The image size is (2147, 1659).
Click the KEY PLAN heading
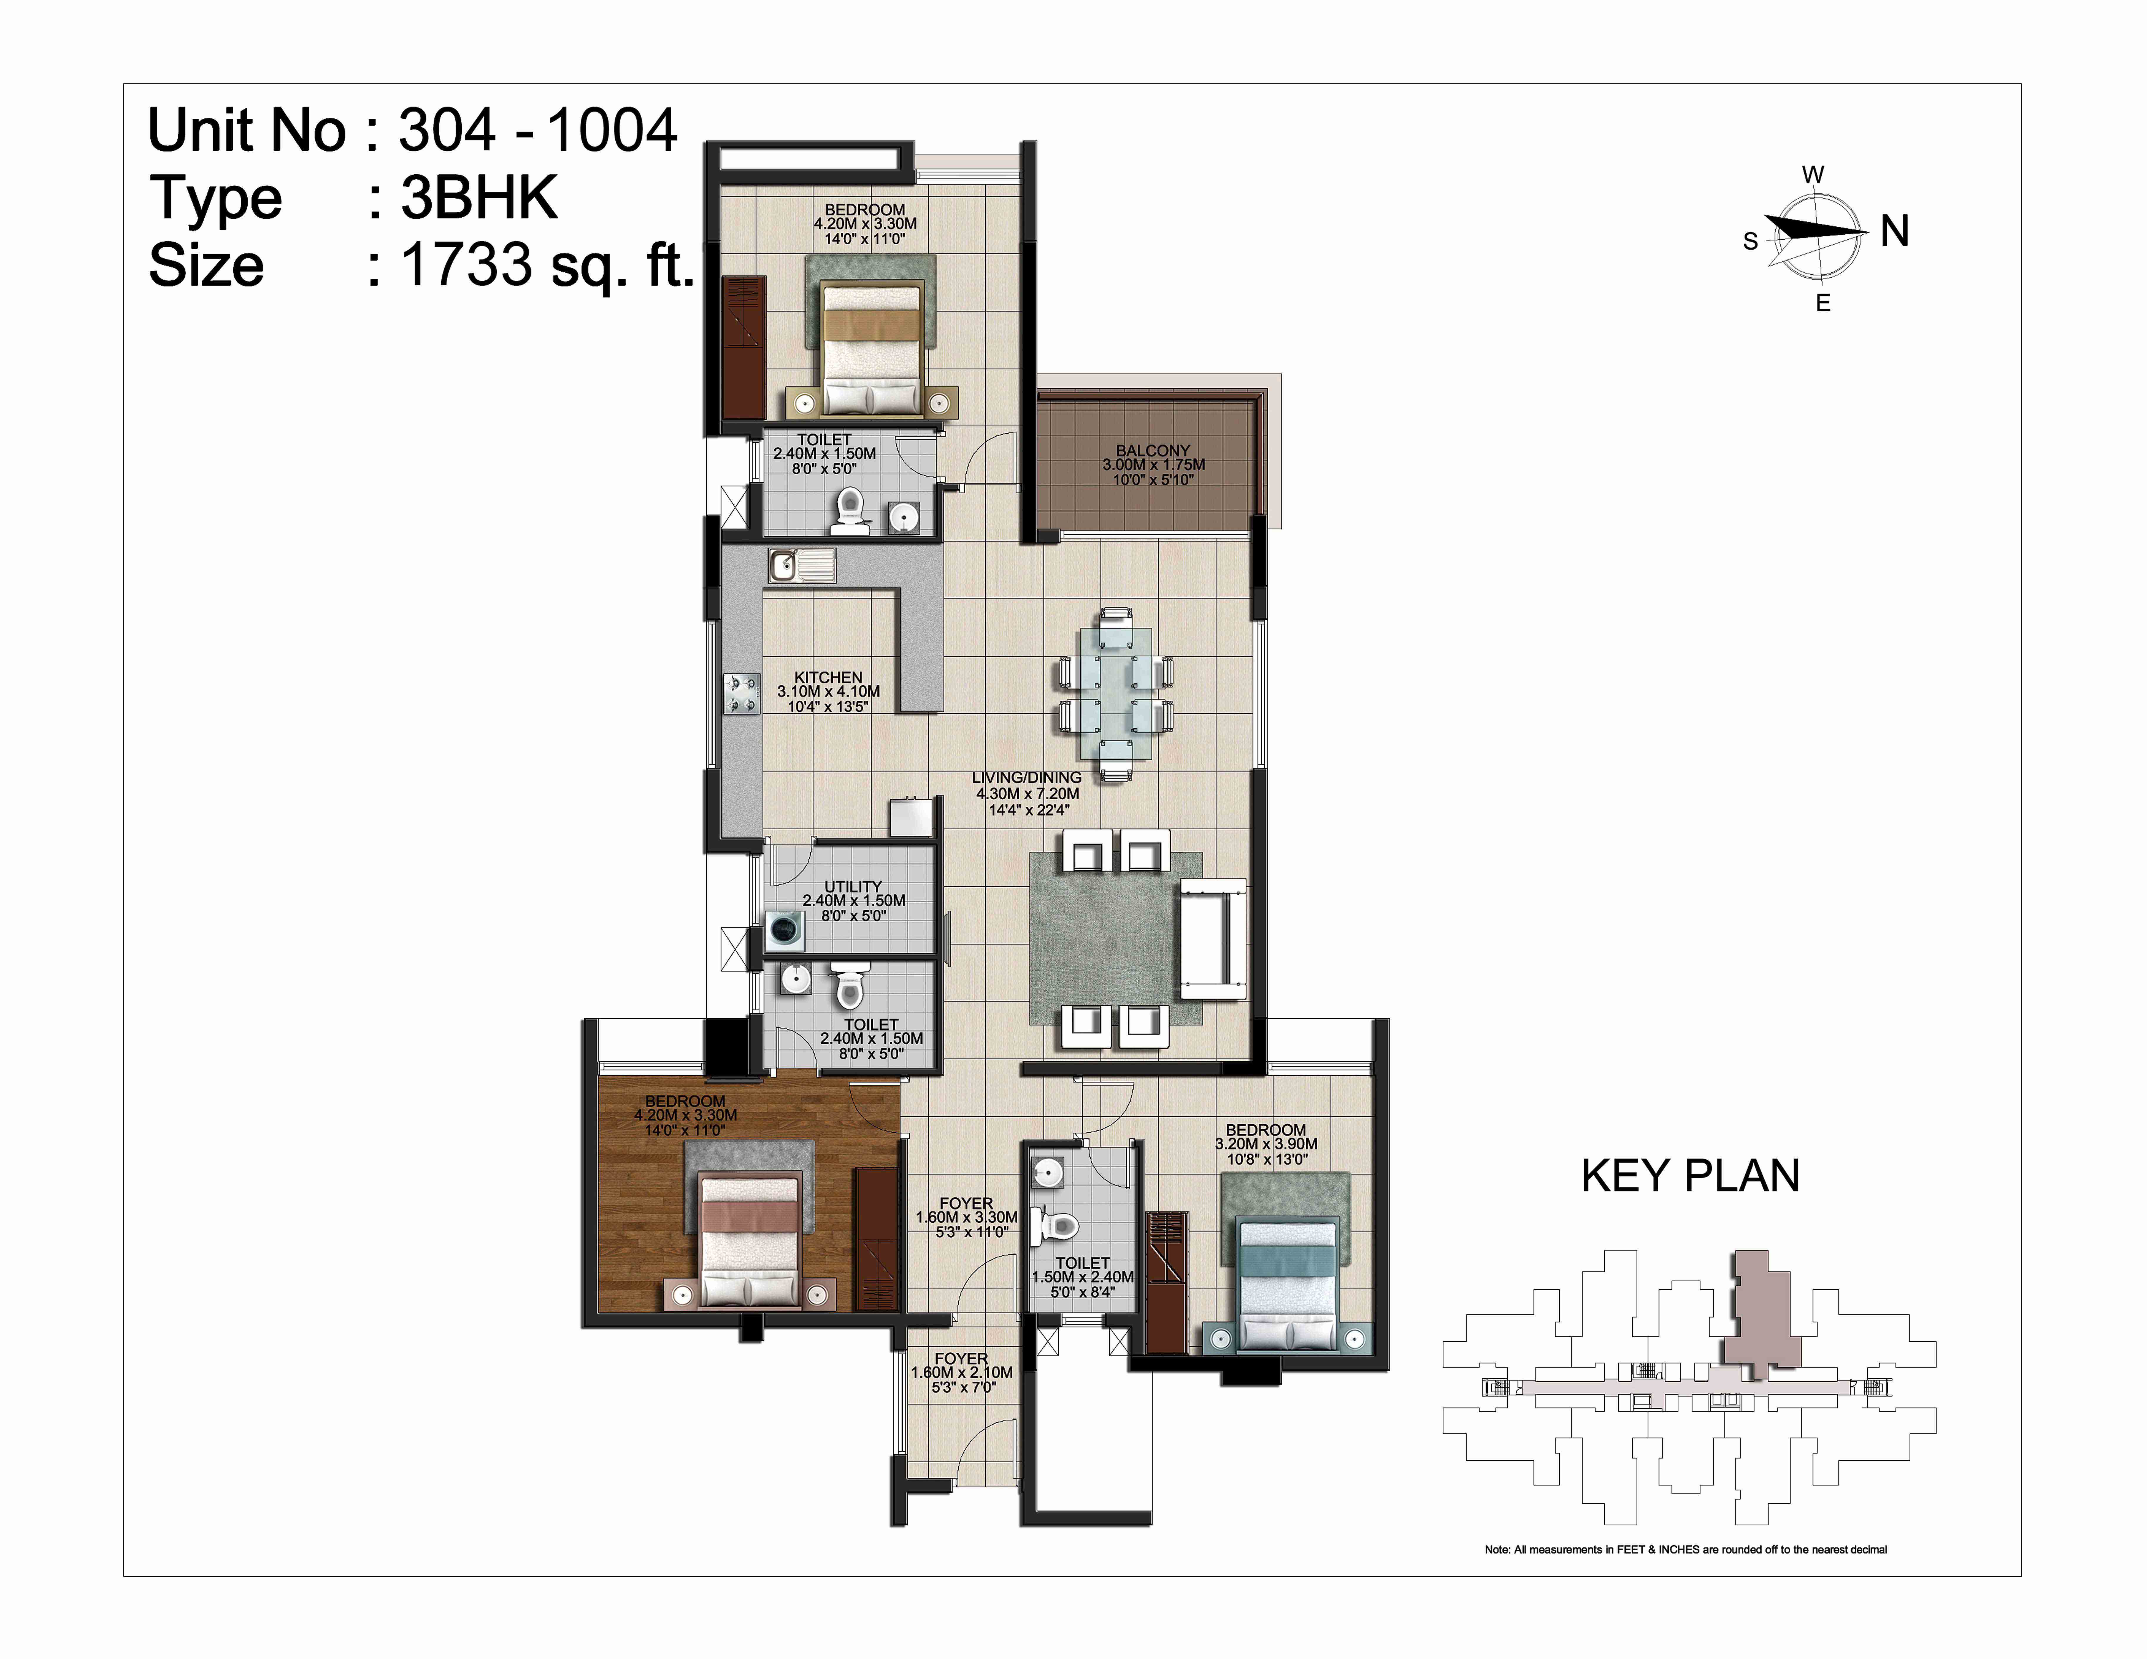[x=1690, y=1176]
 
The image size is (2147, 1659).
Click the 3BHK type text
[x=479, y=198]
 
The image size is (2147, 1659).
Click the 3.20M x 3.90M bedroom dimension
[x=1266, y=1144]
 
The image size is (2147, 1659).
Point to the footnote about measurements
[x=1686, y=1550]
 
